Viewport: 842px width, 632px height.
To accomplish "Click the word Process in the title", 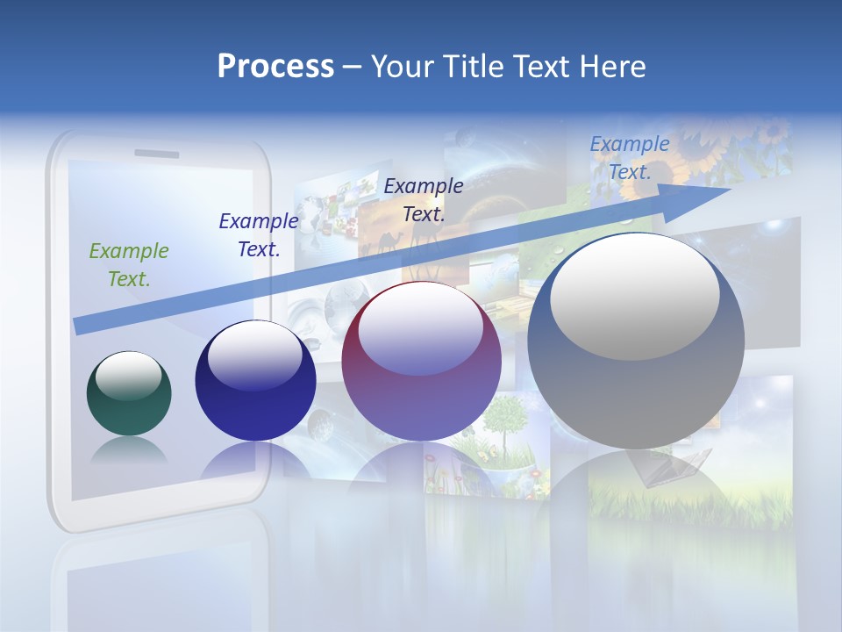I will (x=275, y=67).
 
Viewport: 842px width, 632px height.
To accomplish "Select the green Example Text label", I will (x=129, y=264).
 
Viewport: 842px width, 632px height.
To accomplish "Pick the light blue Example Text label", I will (x=629, y=158).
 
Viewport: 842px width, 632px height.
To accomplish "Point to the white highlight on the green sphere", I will (x=129, y=376).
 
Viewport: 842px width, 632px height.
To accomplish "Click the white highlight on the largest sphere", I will (x=634, y=297).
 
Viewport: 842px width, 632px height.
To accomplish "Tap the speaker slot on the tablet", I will (x=155, y=154).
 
